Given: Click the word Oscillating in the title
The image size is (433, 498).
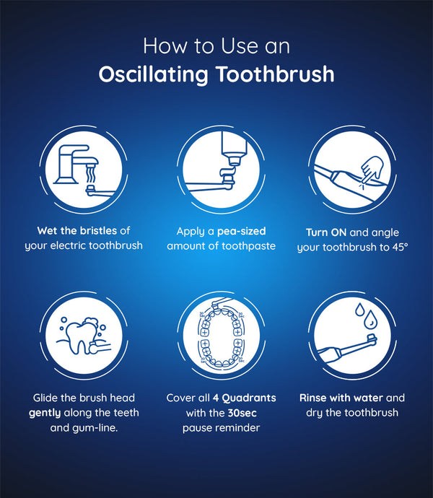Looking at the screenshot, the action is click(x=153, y=75).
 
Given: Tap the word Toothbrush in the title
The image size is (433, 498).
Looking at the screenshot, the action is click(x=275, y=74).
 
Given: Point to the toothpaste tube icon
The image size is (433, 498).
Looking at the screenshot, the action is click(x=234, y=149).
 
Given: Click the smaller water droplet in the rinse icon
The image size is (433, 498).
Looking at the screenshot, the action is click(x=359, y=310).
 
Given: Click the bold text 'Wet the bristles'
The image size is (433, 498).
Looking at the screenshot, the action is click(x=77, y=230).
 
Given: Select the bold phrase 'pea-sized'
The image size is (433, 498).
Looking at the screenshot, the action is click(x=242, y=231).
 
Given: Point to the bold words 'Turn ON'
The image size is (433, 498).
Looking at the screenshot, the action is click(x=326, y=232).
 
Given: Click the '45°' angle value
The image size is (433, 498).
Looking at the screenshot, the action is click(x=400, y=247).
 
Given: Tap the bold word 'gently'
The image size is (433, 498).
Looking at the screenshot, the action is click(x=45, y=414).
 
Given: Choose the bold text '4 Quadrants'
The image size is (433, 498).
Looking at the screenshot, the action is click(x=245, y=398).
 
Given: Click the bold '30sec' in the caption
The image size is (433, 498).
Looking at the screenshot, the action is click(x=242, y=413).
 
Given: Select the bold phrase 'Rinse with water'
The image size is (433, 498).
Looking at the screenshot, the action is click(x=341, y=398).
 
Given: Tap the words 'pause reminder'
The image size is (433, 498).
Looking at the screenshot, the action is click(x=221, y=428).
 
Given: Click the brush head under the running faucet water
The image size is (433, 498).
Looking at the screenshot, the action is click(x=91, y=190).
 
